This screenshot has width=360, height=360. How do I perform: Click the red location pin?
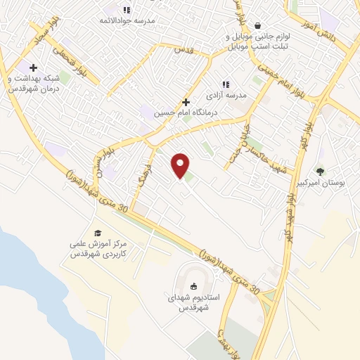[181, 165]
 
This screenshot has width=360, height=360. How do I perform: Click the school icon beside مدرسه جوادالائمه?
[127, 10]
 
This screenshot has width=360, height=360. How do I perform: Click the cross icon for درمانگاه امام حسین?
[186, 102]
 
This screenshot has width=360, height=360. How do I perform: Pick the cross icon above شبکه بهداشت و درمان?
[33, 67]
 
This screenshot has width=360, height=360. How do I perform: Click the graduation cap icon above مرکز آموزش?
[98, 233]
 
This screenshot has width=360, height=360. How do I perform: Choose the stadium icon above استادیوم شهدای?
[194, 285]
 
